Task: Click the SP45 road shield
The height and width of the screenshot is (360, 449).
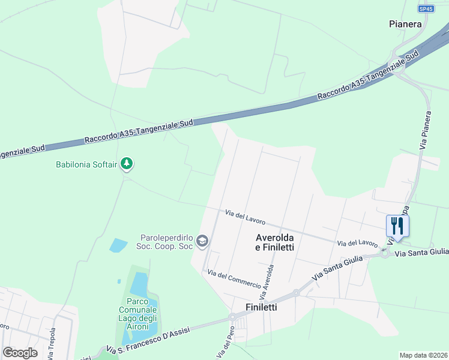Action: click(x=426, y=8)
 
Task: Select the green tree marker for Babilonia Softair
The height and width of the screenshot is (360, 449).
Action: click(x=126, y=163)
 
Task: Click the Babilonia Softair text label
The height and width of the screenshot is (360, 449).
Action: click(x=86, y=164)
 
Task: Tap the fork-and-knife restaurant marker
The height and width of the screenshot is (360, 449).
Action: click(x=397, y=226)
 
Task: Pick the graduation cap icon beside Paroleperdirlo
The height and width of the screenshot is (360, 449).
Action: click(x=202, y=241)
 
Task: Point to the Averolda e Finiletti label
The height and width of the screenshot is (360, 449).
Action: click(x=279, y=241)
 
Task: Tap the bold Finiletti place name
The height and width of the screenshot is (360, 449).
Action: click(x=265, y=307)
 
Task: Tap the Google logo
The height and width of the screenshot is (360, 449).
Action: click(x=20, y=353)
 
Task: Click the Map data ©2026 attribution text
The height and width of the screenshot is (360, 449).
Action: click(x=423, y=355)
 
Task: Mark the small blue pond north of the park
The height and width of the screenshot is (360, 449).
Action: click(x=118, y=245)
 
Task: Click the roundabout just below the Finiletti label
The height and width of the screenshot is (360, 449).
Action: click(x=233, y=317)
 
